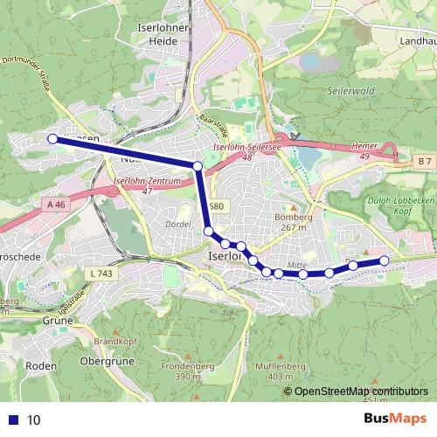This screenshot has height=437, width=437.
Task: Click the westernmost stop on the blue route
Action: pyautogui.click(x=52, y=139)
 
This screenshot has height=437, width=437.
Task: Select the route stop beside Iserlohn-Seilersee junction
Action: pyautogui.click(x=198, y=166)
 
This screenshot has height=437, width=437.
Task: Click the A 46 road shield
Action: pyautogui.click(x=56, y=205)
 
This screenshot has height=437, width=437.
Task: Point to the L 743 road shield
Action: pyautogui.click(x=101, y=274)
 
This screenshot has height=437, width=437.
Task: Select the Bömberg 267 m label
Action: pyautogui.click(x=294, y=221)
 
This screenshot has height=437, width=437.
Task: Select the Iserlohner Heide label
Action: pyautogui.click(x=158, y=33)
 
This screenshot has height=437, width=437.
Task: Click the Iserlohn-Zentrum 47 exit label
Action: pyautogui.click(x=147, y=185)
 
